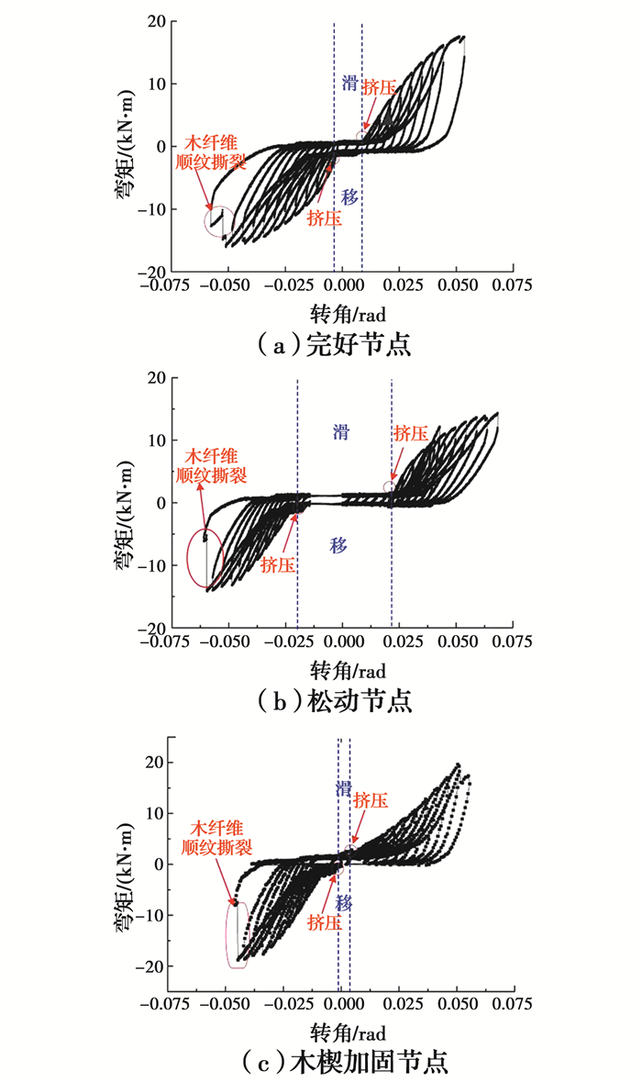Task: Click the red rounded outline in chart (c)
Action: tap(238, 934)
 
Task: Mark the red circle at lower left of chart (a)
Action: tap(220, 222)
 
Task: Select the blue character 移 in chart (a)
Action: tap(349, 196)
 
